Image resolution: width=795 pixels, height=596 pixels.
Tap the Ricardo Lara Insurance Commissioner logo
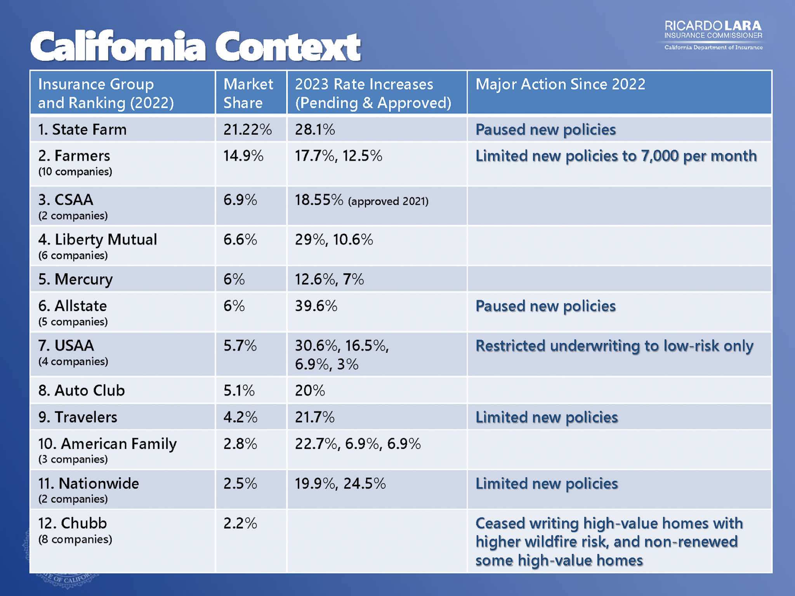click(713, 35)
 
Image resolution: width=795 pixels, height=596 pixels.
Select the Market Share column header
click(248, 93)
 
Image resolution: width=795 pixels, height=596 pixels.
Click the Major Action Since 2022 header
click(560, 84)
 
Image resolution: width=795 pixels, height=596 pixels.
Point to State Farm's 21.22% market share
click(247, 130)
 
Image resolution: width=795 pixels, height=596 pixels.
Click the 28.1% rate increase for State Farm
click(315, 130)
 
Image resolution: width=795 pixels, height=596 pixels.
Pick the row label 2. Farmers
click(74, 156)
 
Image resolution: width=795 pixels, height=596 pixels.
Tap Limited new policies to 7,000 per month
click(616, 156)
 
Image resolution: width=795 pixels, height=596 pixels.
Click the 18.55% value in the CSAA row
click(319, 200)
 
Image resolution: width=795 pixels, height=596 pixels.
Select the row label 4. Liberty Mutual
click(97, 240)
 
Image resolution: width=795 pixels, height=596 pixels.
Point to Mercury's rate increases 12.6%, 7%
click(329, 279)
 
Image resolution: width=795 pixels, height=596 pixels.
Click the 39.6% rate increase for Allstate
click(316, 306)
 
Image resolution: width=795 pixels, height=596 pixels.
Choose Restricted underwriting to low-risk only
click(614, 346)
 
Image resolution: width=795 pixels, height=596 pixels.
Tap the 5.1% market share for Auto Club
click(239, 390)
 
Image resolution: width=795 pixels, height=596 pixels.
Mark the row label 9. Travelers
click(78, 417)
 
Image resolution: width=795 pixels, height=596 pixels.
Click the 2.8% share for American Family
click(240, 444)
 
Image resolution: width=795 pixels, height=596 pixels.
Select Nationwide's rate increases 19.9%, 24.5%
click(340, 483)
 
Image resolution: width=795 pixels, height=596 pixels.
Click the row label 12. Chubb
click(72, 523)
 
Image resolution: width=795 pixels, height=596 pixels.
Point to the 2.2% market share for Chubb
click(240, 523)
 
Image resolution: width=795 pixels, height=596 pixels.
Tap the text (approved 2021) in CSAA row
click(388, 201)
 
